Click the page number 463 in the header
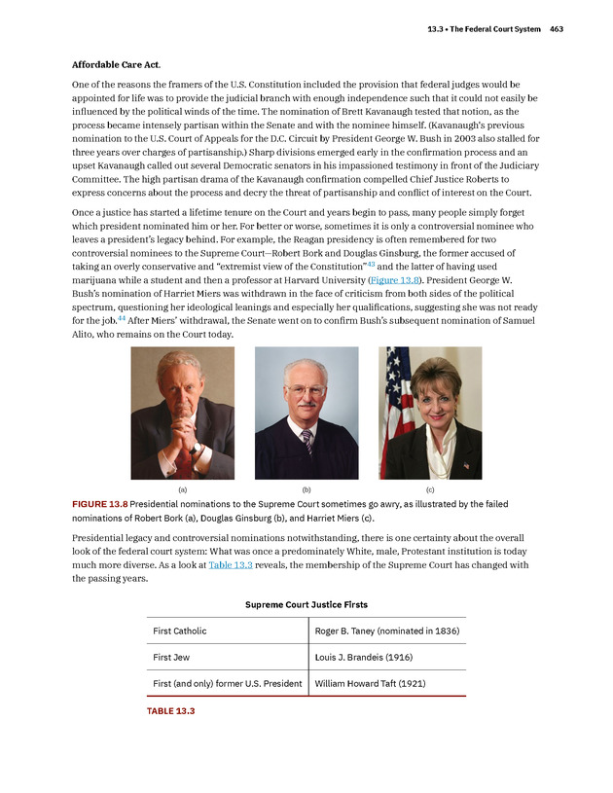[x=556, y=29]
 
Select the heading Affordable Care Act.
[x=116, y=64]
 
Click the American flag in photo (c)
[x=397, y=409]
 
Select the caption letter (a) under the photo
[x=182, y=489]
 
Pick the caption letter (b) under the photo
[x=306, y=489]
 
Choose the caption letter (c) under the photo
[x=430, y=489]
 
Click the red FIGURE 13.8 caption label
[x=99, y=504]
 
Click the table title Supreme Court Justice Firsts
[x=306, y=604]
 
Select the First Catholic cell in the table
[x=180, y=631]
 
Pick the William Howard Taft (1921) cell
[x=371, y=683]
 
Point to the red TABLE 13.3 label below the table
[x=171, y=711]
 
